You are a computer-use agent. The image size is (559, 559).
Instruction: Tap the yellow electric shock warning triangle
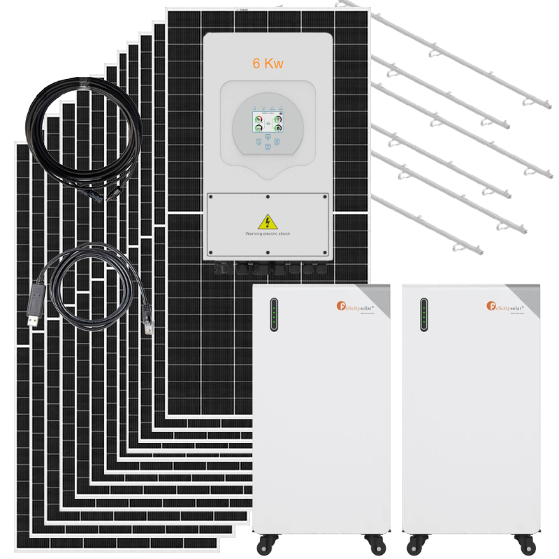267,222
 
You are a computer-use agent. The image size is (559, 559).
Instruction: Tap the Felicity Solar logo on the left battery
355,306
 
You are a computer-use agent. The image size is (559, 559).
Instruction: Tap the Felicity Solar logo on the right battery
505,306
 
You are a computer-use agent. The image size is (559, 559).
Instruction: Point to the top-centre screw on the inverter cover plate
267,198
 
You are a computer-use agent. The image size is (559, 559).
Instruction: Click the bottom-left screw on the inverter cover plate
210,252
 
